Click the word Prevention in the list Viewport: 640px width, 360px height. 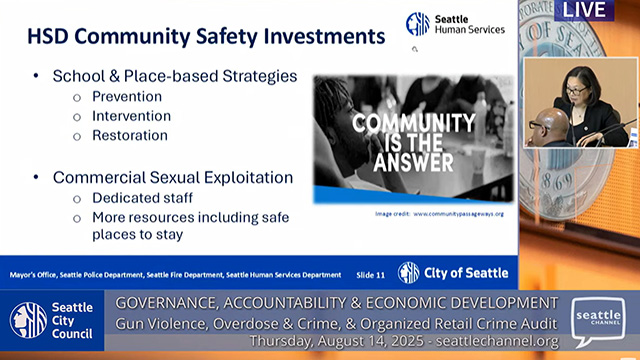(127, 97)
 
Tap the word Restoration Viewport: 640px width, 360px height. (130, 135)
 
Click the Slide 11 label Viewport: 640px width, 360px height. (370, 274)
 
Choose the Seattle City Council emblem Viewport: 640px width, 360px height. (28, 320)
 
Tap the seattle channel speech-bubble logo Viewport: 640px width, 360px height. (599, 321)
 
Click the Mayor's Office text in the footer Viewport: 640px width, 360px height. (36, 274)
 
